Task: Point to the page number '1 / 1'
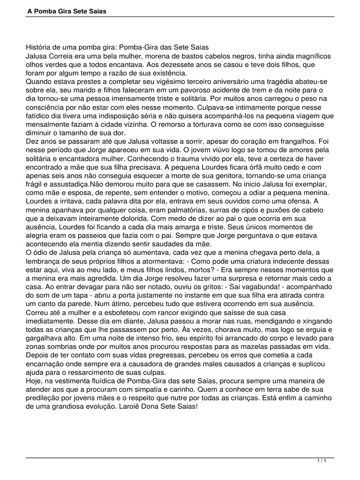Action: [322, 461]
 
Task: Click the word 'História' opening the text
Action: [39, 48]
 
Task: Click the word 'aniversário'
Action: [224, 82]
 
